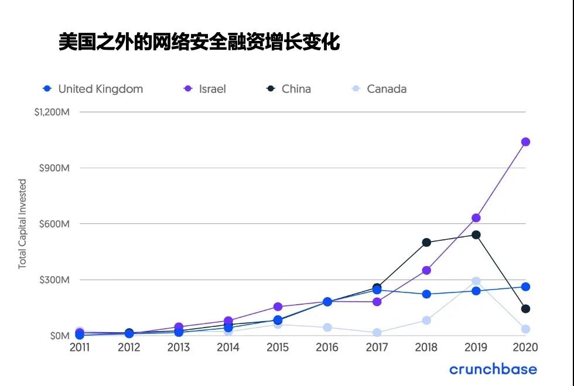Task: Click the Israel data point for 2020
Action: point(525,142)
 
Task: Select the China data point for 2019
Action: point(476,235)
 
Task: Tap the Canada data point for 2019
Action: point(476,281)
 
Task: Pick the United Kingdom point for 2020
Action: point(525,287)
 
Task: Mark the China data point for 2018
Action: point(426,242)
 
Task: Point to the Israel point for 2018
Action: point(426,270)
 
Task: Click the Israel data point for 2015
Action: point(278,306)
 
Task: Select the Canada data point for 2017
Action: point(377,333)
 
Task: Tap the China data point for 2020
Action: point(525,309)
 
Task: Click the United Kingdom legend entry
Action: point(93,89)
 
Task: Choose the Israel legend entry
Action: point(205,89)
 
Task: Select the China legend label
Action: point(296,89)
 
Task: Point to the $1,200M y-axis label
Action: point(52,112)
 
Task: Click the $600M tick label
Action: point(55,224)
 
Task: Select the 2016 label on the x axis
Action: point(327,348)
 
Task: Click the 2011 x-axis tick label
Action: point(80,348)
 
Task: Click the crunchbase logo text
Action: point(493,369)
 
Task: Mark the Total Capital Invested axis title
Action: point(22,224)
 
